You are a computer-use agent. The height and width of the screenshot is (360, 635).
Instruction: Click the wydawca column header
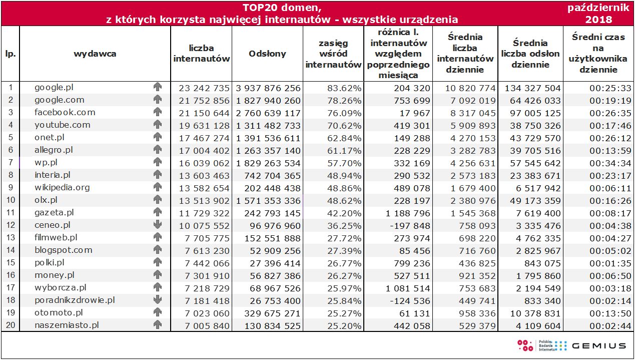pyautogui.click(x=95, y=54)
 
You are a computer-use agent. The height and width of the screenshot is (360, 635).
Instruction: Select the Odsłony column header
pyautogui.click(x=267, y=54)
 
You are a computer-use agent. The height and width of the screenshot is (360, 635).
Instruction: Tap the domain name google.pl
pyautogui.click(x=54, y=88)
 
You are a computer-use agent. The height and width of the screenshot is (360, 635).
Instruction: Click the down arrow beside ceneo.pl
pyautogui.click(x=158, y=225)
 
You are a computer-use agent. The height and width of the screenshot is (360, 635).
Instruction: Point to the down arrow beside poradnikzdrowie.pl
pyautogui.click(x=158, y=300)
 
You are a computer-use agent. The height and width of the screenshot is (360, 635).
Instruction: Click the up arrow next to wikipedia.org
pyautogui.click(x=158, y=187)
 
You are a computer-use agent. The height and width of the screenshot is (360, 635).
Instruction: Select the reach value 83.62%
pyautogui.click(x=344, y=88)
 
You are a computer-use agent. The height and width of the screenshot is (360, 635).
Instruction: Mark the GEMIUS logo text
pyautogui.click(x=599, y=345)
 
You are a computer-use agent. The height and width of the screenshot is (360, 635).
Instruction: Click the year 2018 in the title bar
pyautogui.click(x=598, y=20)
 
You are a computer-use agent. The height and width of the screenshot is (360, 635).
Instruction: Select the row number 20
pyautogui.click(x=11, y=325)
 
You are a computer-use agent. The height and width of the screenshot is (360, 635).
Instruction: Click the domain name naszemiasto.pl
pyautogui.click(x=67, y=325)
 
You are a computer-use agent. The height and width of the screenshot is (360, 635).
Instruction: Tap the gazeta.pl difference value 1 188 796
pyautogui.click(x=408, y=213)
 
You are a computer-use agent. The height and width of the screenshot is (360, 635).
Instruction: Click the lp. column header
pyautogui.click(x=10, y=54)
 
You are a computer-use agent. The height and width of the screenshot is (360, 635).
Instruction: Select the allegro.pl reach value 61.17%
pyautogui.click(x=344, y=151)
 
